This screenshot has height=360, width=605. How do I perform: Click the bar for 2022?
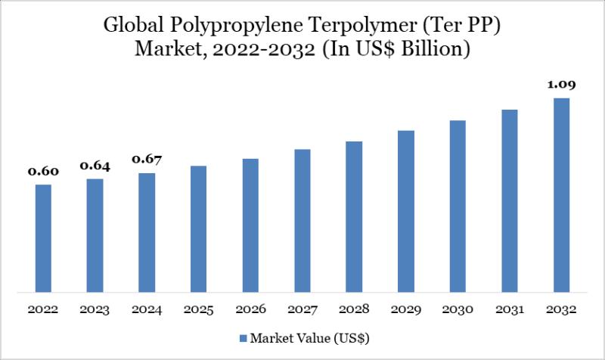tap(43, 237)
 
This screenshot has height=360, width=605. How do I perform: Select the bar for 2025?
tap(199, 228)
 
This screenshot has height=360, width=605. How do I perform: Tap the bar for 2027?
tap(302, 220)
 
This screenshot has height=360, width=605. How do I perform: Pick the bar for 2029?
tap(406, 210)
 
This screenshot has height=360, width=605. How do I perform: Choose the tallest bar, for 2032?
tap(561, 194)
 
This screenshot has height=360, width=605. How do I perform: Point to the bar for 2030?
tap(458, 205)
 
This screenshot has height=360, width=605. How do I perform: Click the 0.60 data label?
tap(43, 172)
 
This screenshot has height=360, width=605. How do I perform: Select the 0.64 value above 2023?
tap(95, 166)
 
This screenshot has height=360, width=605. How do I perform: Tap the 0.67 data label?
tap(147, 160)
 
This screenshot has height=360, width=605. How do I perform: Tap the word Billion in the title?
tap(432, 51)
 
